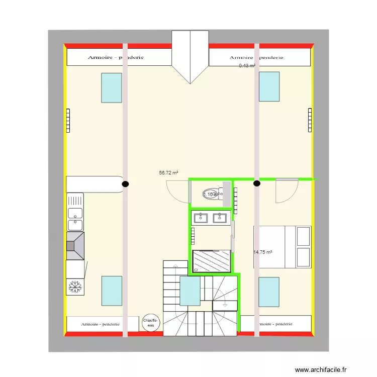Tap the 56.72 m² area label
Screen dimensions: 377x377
coord(168,172)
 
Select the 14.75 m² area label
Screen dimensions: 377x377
coord(262,252)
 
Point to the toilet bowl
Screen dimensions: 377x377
coord(212,195)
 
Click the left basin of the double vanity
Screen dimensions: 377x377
coord(201,218)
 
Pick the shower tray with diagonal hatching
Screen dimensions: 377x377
coord(212,261)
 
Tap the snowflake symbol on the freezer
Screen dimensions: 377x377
coord(74,287)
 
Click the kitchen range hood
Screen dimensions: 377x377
coord(75,246)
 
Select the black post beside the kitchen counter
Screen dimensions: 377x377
coord(125,184)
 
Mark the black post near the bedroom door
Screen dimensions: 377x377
coord(257,184)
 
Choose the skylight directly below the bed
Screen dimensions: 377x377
coord(269,292)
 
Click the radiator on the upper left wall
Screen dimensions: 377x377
coord(68,121)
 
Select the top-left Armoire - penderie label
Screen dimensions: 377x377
coord(116,57)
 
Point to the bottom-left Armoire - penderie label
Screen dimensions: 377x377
coord(101,324)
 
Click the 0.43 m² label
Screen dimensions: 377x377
coord(246,65)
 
